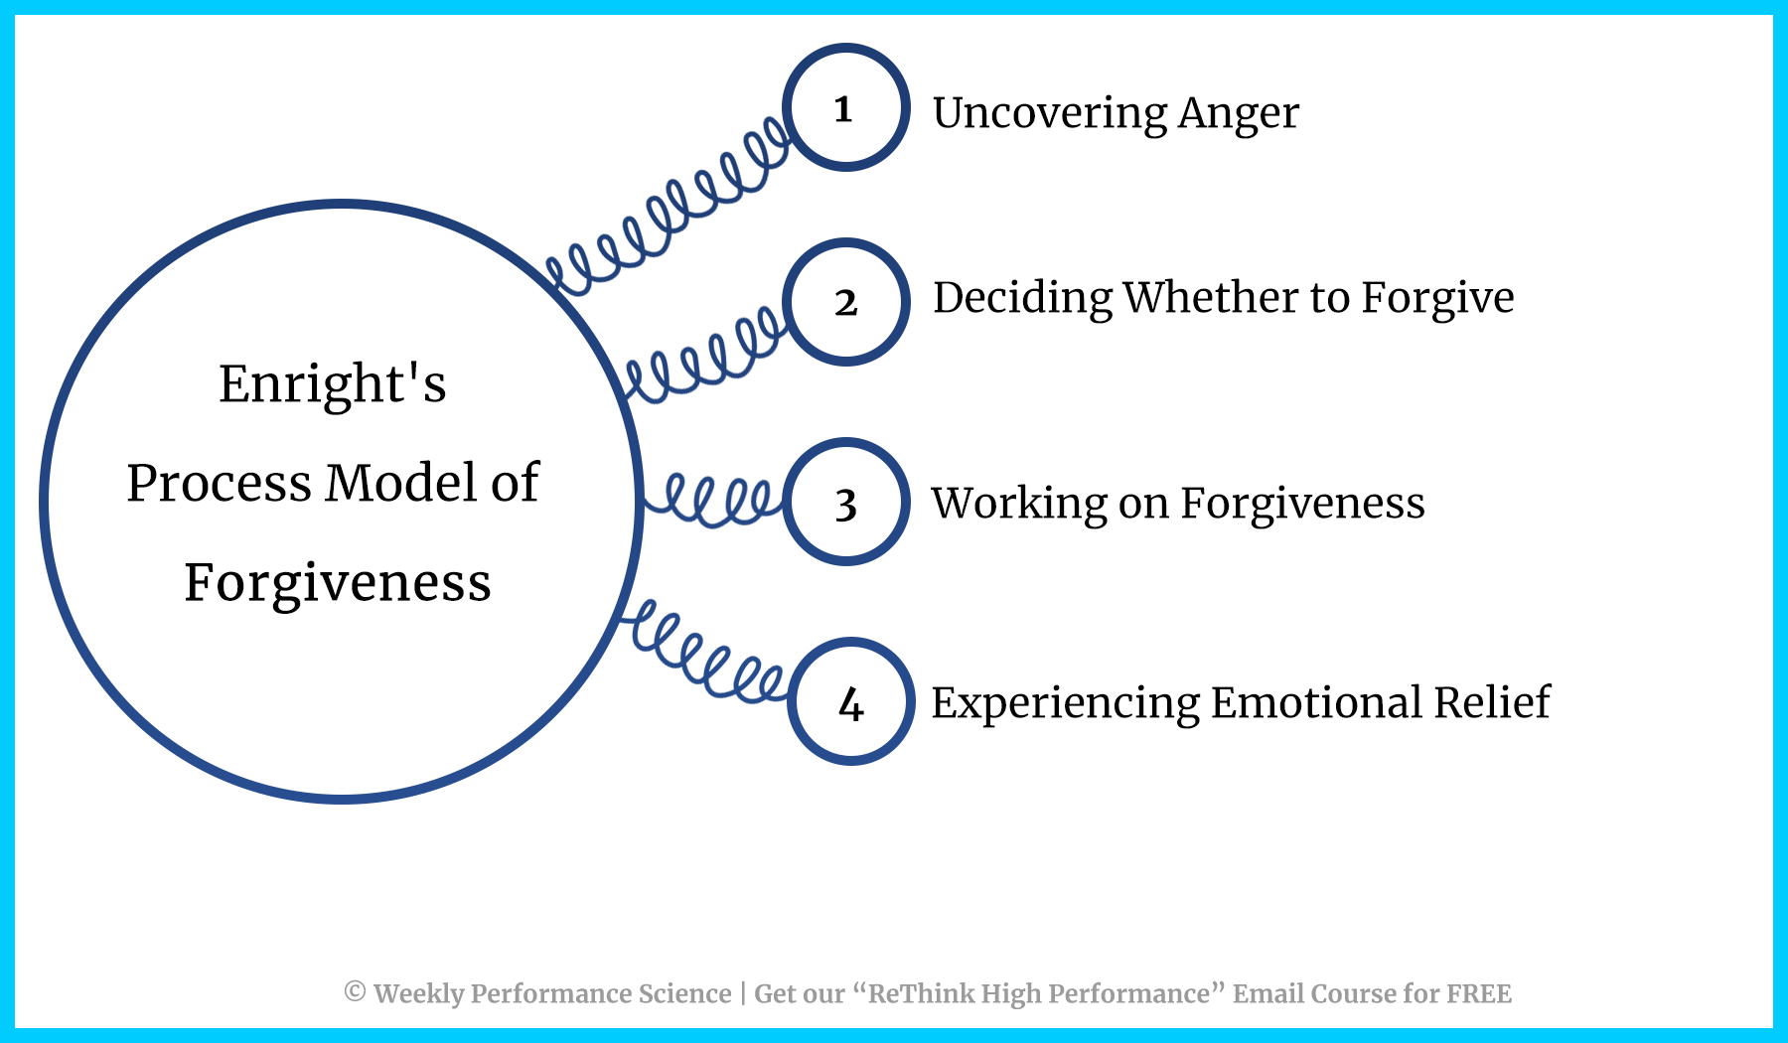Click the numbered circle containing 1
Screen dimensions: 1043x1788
click(x=845, y=107)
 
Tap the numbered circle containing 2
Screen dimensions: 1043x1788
click(x=845, y=302)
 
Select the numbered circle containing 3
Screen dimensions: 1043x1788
click(x=845, y=503)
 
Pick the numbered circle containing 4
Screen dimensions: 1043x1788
click(x=850, y=701)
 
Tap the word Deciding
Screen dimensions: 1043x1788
click(x=1023, y=299)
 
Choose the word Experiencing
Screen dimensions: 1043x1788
click(x=1065, y=704)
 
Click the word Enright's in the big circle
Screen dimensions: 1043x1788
click(x=332, y=384)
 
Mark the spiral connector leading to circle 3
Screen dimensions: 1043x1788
click(x=713, y=499)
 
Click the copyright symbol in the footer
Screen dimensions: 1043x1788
click(x=355, y=991)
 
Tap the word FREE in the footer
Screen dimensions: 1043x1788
click(x=1479, y=993)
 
